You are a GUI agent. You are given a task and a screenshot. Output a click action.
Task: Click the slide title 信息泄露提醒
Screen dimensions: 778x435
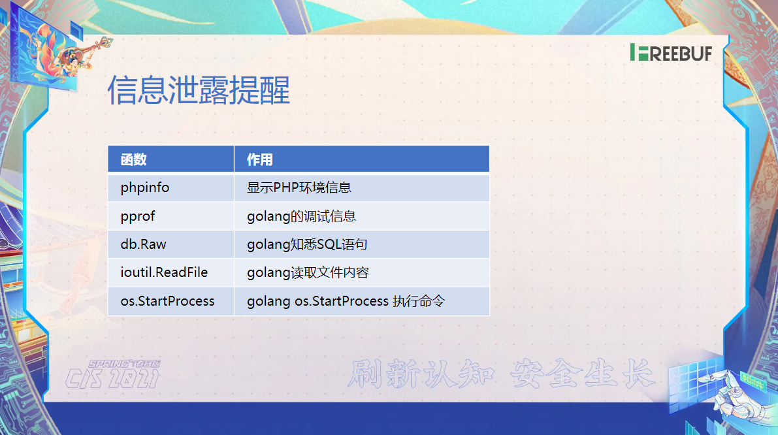click(x=199, y=90)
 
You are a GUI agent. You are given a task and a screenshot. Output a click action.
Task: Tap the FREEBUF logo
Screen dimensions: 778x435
click(x=671, y=52)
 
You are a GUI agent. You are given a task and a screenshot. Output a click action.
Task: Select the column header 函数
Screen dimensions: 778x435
click(x=133, y=160)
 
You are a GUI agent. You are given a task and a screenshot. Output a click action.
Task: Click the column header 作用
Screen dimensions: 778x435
click(x=260, y=160)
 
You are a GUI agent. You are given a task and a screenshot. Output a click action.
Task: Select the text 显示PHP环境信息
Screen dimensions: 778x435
click(x=299, y=187)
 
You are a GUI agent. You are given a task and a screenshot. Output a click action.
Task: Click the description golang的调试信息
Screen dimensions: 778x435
click(x=302, y=216)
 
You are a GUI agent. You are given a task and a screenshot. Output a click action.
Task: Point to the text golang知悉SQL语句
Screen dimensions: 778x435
click(x=307, y=244)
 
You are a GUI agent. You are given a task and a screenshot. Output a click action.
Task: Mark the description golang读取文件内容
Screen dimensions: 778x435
click(x=308, y=273)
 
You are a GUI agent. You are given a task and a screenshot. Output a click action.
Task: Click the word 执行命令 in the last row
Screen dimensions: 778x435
click(x=419, y=301)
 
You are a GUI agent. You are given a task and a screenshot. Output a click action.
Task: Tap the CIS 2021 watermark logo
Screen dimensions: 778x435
click(x=113, y=374)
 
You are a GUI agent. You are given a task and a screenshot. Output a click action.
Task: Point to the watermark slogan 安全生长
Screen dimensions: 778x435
click(x=583, y=374)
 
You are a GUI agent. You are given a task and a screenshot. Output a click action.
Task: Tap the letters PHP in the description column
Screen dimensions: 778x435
click(x=285, y=187)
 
